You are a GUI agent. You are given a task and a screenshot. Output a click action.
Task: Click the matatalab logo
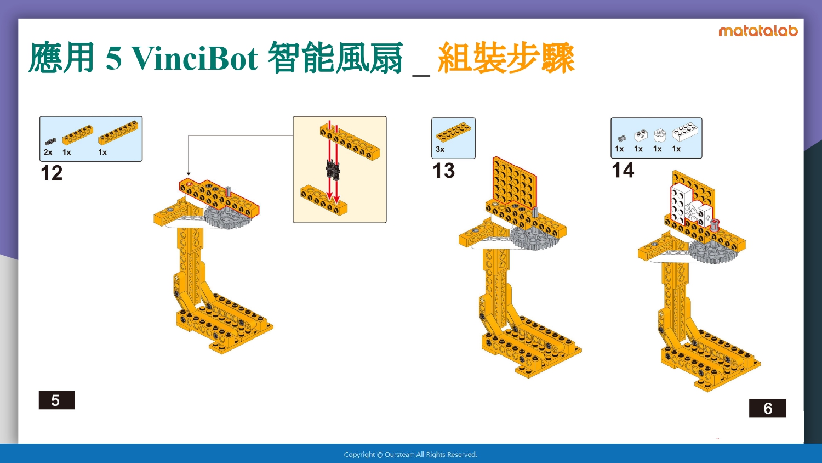(758, 31)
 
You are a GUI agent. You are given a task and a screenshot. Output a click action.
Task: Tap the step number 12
(52, 173)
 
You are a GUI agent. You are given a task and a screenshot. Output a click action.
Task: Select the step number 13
(443, 171)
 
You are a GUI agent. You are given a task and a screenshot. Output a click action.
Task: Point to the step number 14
(623, 170)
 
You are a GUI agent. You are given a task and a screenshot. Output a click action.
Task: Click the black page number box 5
(56, 400)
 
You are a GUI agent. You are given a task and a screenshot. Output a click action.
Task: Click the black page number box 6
(767, 408)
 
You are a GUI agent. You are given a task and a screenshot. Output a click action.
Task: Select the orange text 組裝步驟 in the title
(506, 58)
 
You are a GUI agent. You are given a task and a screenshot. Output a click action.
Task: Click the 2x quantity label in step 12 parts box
(48, 152)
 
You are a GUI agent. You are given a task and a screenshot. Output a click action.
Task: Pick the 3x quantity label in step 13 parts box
(440, 149)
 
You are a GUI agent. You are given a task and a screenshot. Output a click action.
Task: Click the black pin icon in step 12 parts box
(50, 142)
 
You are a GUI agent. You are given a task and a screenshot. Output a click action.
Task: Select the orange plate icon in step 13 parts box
(453, 132)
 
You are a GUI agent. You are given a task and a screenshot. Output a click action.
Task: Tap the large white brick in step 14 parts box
(685, 132)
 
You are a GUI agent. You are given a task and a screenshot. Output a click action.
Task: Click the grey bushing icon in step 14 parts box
(621, 139)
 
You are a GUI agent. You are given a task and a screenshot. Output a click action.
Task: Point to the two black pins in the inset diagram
(333, 170)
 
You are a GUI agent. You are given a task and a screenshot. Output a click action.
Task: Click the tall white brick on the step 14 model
(678, 204)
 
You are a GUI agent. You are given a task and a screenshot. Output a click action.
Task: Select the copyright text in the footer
(410, 455)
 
